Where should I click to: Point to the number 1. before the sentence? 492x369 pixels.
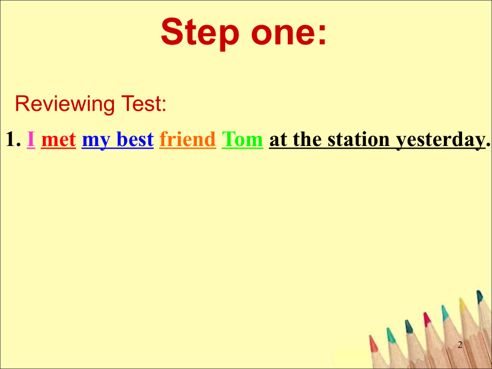click(13, 140)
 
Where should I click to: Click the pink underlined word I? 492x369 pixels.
click(31, 140)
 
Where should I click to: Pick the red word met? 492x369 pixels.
click(58, 140)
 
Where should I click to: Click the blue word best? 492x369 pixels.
click(135, 140)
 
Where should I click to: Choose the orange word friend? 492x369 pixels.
click(187, 140)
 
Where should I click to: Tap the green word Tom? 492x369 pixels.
click(242, 140)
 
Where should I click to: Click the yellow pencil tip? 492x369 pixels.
click(463, 304)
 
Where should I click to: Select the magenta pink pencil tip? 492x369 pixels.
click(427, 319)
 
